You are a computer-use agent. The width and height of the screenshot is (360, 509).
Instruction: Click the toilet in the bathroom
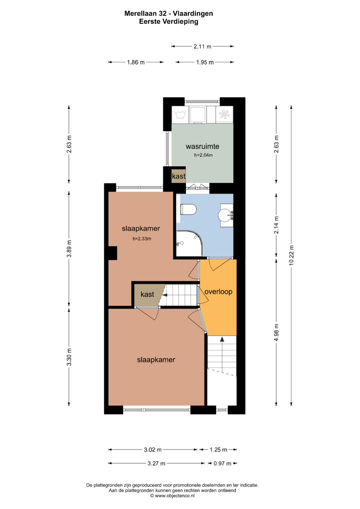click(188, 209)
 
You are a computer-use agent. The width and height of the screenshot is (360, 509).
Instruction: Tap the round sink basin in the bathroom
click(226, 215)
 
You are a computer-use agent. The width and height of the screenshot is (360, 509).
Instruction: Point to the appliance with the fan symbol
click(224, 114)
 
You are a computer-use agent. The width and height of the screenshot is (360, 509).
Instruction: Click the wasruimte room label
click(203, 146)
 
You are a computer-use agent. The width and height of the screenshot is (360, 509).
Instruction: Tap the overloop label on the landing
click(218, 292)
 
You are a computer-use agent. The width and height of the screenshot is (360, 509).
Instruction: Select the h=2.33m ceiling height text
click(142, 239)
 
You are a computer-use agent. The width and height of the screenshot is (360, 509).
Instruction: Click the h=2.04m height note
click(203, 155)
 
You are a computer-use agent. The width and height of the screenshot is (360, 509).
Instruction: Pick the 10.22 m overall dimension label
click(291, 255)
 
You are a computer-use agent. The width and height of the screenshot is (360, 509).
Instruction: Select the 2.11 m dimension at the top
click(202, 47)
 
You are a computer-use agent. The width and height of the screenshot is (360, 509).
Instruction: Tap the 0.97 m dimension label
click(222, 463)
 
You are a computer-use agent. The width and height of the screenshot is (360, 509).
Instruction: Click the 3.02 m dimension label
click(153, 449)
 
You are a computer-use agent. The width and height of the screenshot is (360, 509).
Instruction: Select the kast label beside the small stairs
click(147, 294)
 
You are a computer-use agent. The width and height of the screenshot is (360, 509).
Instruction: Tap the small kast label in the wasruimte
click(179, 176)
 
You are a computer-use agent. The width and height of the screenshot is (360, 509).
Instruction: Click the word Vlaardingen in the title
click(193, 14)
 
